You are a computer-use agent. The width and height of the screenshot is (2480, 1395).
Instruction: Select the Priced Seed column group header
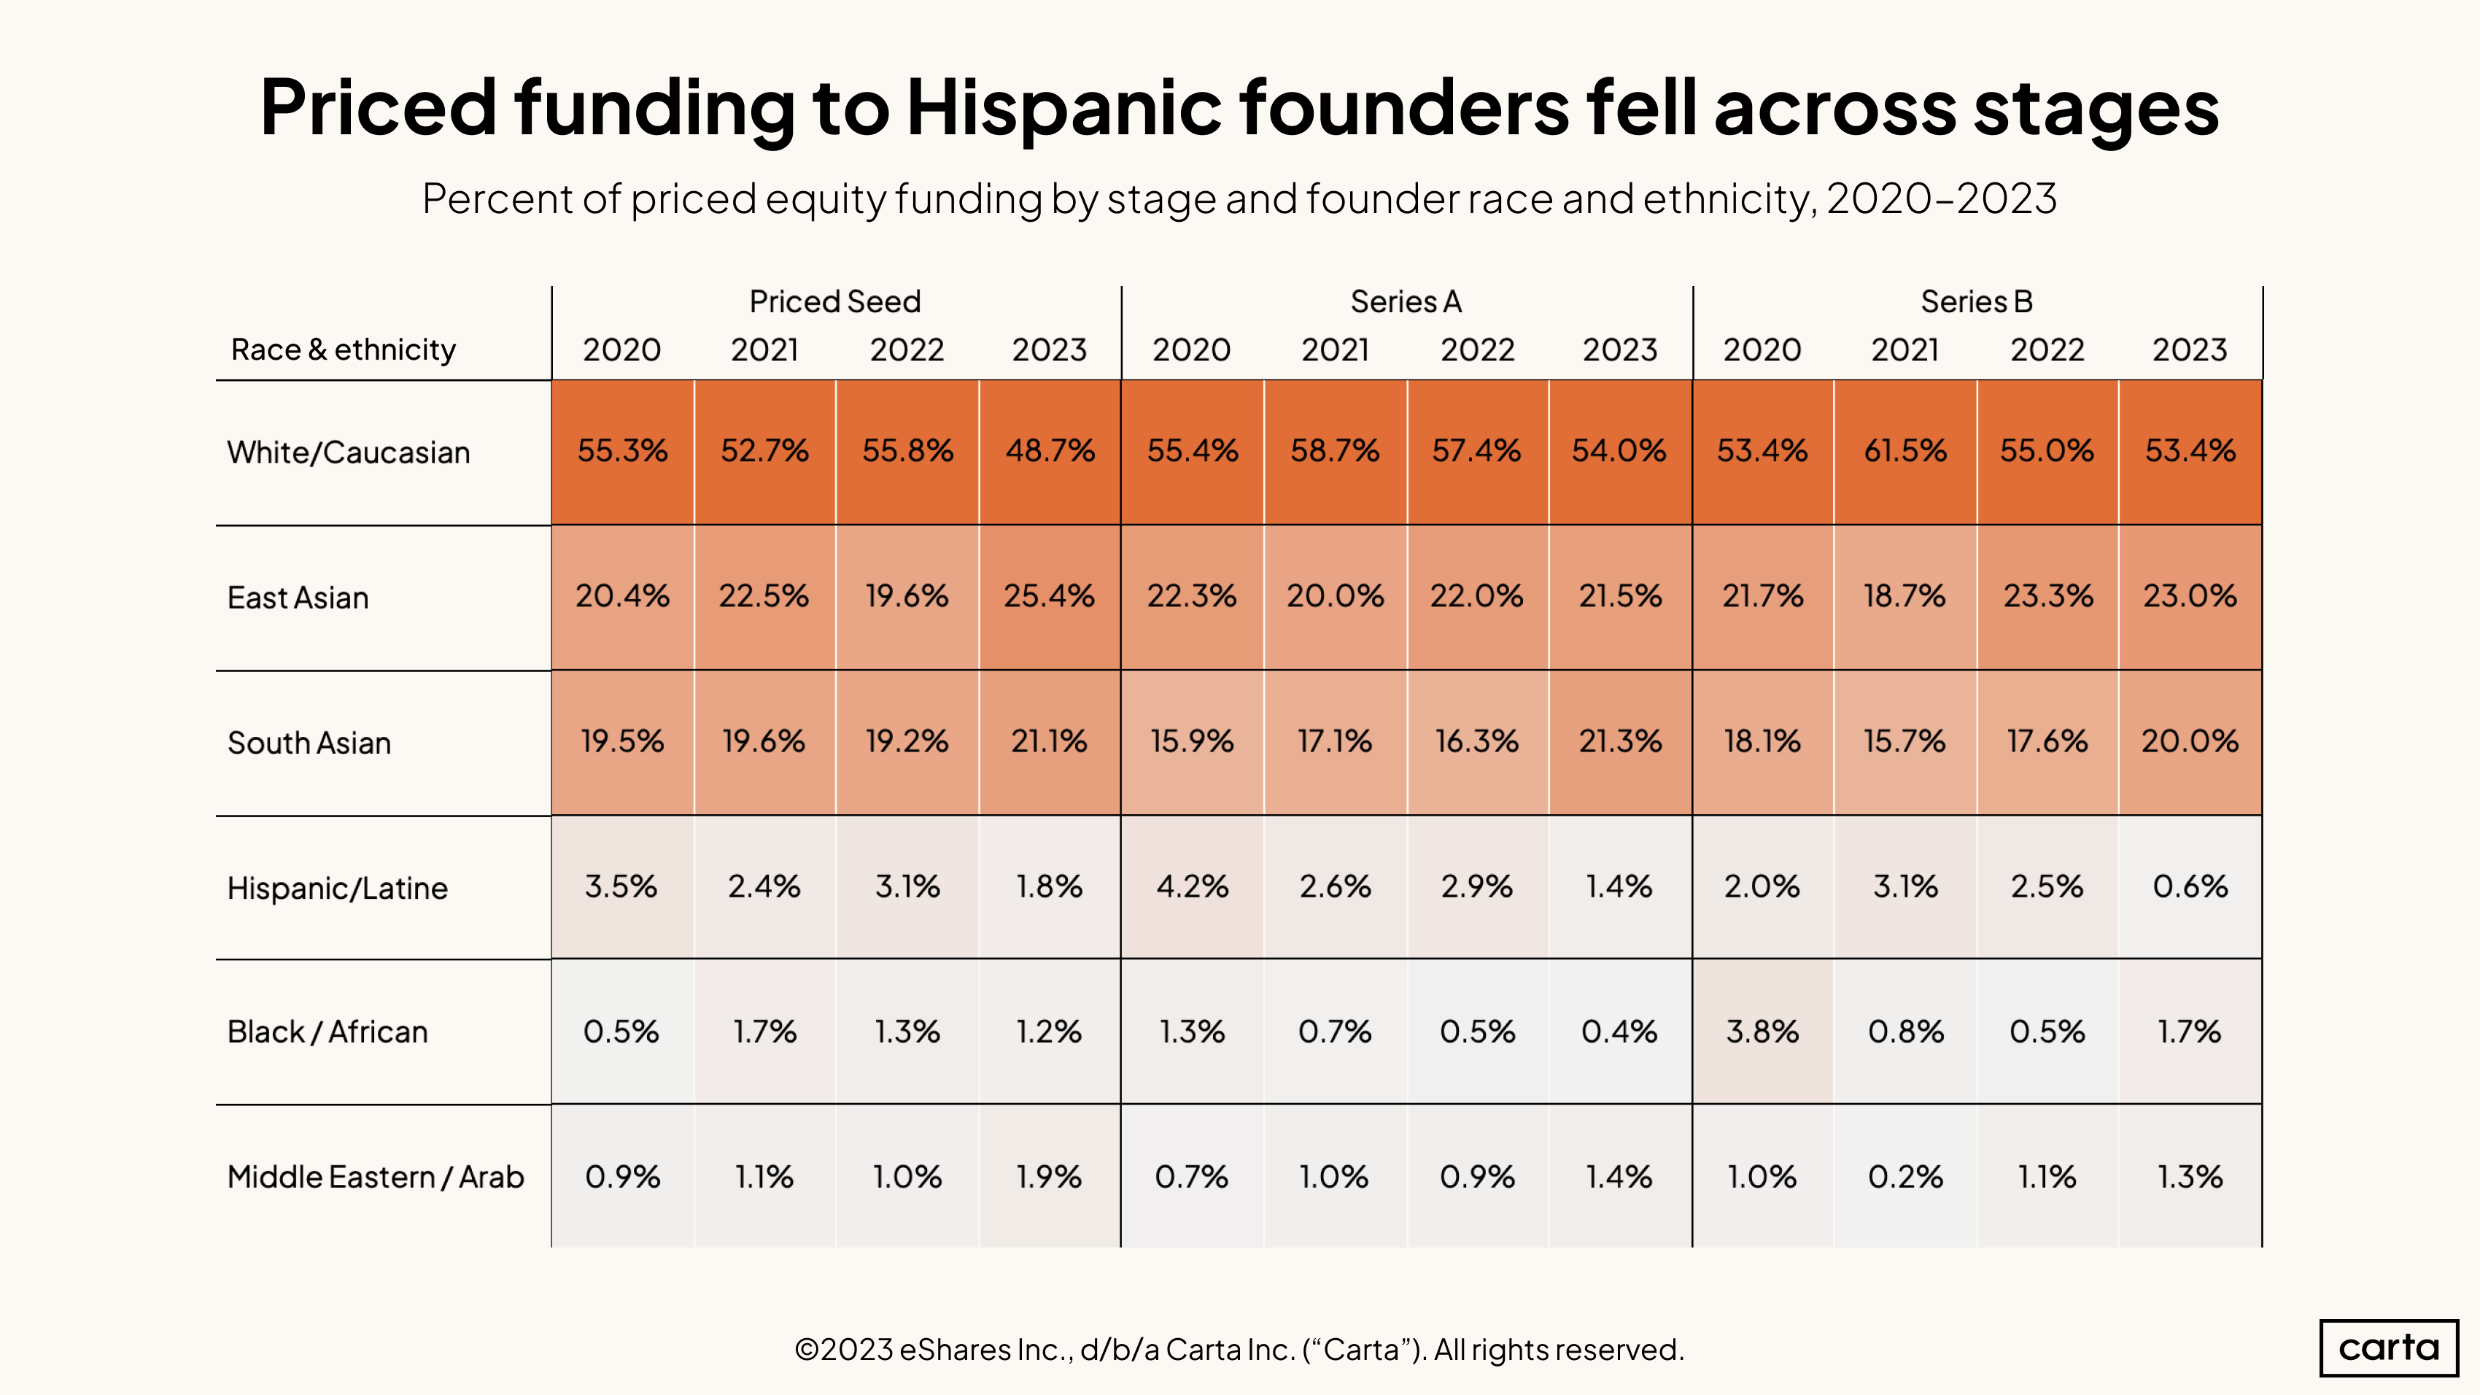pyautogui.click(x=834, y=302)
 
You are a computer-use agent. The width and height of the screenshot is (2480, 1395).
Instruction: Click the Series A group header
pyautogui.click(x=1406, y=302)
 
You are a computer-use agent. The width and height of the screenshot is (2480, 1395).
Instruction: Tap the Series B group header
pyautogui.click(x=1977, y=302)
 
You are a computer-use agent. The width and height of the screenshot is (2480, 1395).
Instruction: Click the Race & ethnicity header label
pyautogui.click(x=343, y=349)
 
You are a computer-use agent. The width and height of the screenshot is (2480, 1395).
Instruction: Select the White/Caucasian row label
pyautogui.click(x=349, y=452)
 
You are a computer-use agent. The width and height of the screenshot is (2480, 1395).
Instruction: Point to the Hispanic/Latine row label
pyautogui.click(x=337, y=888)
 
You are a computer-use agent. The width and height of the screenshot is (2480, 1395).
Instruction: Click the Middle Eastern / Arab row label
pyautogui.click(x=376, y=1176)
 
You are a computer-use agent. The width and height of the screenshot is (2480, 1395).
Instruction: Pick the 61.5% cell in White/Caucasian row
pyautogui.click(x=1904, y=452)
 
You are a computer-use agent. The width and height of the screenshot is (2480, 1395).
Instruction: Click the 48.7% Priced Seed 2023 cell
pyautogui.click(x=1050, y=452)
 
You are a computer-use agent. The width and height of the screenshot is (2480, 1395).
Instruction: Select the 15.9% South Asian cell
pyautogui.click(x=1191, y=741)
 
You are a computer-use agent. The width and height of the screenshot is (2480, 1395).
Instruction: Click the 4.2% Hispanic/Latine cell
pyautogui.click(x=1192, y=886)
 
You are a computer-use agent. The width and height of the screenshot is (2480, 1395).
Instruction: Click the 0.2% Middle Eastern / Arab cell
pyautogui.click(x=1904, y=1176)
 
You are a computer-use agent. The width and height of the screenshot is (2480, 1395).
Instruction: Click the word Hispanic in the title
pyautogui.click(x=1063, y=108)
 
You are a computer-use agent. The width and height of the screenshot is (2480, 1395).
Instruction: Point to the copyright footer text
pyautogui.click(x=1239, y=1350)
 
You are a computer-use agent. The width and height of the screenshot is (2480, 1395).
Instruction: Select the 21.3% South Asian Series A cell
pyautogui.click(x=1619, y=741)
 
